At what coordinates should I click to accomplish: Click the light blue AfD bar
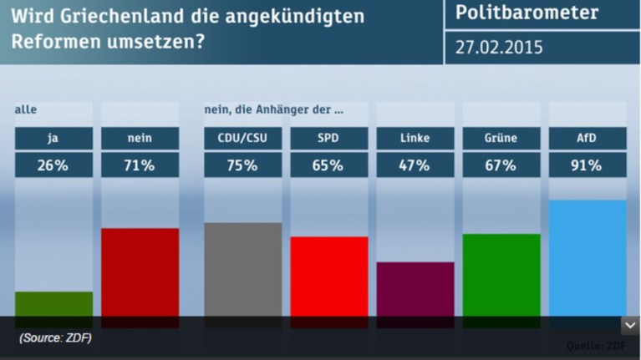click(587, 259)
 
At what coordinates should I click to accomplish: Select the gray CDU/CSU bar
click(243, 269)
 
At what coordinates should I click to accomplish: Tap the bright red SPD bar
click(329, 276)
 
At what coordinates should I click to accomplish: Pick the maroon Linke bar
click(415, 289)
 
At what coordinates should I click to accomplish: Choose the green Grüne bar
click(501, 275)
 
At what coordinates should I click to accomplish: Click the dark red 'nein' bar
click(140, 272)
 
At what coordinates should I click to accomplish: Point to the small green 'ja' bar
click(54, 303)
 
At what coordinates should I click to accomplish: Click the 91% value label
click(587, 165)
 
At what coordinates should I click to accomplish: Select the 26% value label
click(54, 165)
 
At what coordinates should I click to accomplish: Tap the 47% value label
click(415, 165)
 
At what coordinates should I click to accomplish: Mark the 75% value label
click(243, 165)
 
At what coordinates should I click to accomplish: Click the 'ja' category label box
click(54, 138)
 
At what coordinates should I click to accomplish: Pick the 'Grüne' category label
click(501, 138)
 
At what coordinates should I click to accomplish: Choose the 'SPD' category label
click(329, 138)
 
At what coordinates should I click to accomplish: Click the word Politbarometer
click(527, 13)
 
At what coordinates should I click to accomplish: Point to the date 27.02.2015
click(499, 47)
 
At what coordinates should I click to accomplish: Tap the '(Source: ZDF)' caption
click(55, 338)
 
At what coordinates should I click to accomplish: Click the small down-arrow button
click(630, 326)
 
